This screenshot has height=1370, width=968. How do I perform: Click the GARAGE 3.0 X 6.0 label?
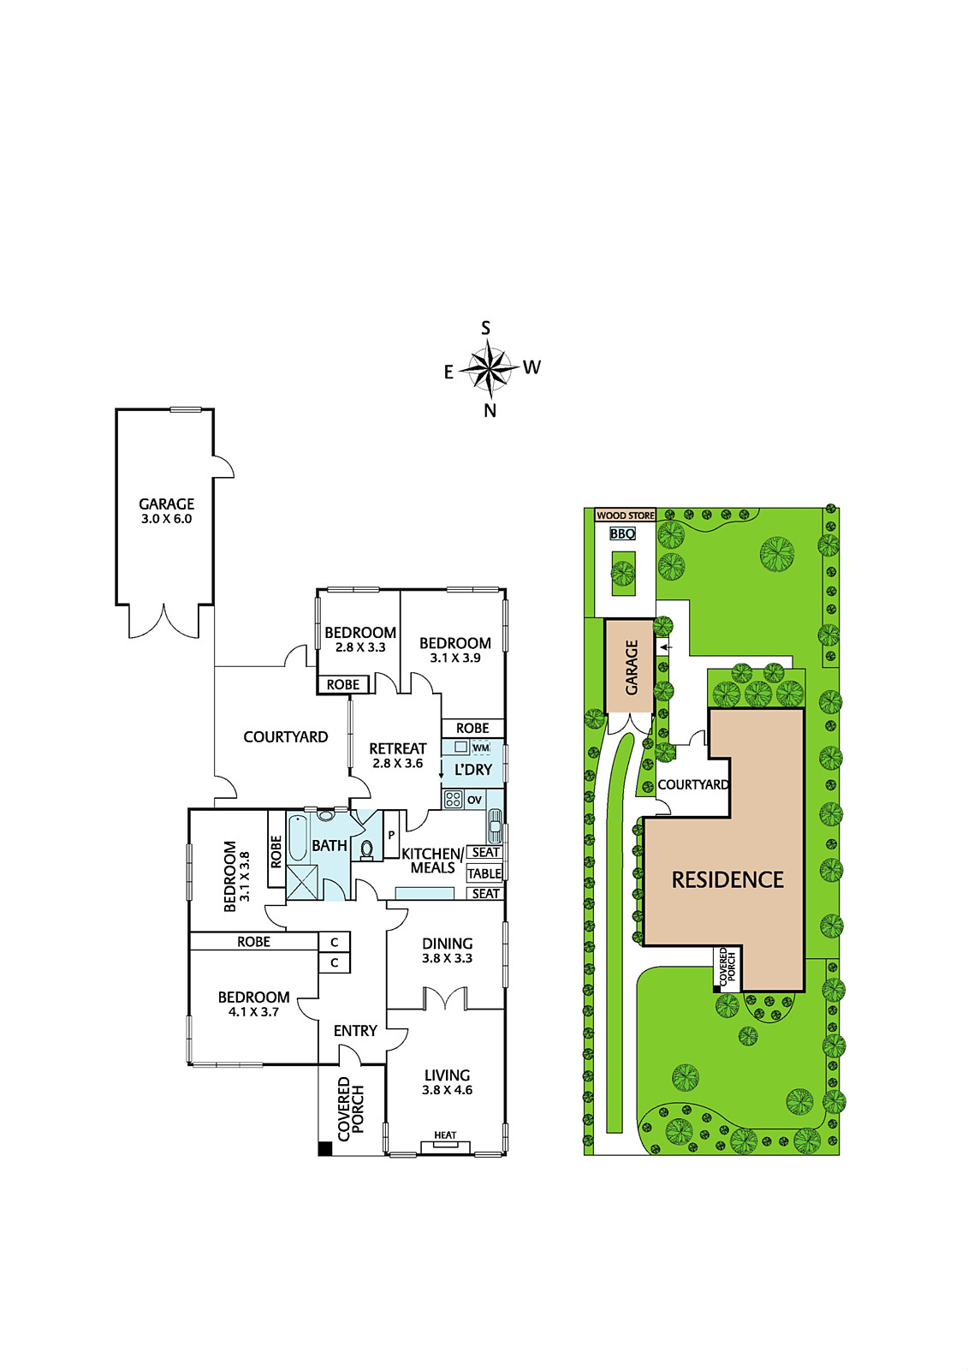[x=166, y=510]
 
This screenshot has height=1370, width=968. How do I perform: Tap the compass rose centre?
[x=487, y=368]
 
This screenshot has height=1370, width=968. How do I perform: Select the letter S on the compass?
[x=485, y=329]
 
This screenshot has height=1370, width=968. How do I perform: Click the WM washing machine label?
[x=481, y=748]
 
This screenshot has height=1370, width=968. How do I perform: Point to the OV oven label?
[x=474, y=800]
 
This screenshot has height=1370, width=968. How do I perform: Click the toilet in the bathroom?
[x=367, y=849]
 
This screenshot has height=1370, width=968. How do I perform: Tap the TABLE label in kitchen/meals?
[x=484, y=873]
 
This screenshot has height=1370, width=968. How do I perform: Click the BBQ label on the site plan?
[x=622, y=533]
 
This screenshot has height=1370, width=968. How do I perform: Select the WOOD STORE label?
[x=626, y=515]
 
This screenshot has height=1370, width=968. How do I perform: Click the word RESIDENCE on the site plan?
[x=727, y=879]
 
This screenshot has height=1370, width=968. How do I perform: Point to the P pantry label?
[x=391, y=835]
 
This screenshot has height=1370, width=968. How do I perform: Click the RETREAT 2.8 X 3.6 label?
[x=397, y=755]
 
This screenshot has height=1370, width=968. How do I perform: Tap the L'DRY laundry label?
[x=473, y=770]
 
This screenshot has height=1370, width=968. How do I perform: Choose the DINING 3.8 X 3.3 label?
[x=447, y=950]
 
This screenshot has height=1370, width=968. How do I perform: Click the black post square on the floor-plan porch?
[x=324, y=1149]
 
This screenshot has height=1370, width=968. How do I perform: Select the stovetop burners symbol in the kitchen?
[x=453, y=800]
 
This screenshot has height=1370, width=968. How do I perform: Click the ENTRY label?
[x=355, y=1031]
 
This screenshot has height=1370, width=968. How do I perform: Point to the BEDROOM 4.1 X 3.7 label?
[x=254, y=1004]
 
